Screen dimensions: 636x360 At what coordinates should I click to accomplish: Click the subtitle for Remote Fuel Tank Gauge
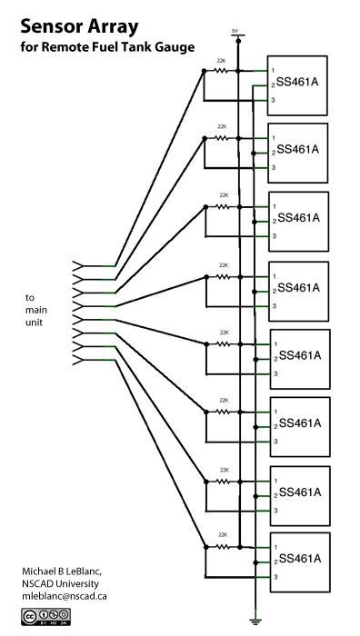[107, 47]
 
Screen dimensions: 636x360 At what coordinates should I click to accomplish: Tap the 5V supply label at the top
[235, 31]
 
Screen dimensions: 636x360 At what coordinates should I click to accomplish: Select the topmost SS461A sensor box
[296, 85]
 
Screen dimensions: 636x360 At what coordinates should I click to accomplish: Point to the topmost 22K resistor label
[222, 60]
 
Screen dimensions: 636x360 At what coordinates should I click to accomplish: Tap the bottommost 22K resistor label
[222, 536]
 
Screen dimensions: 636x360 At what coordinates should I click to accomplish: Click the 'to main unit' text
[37, 310]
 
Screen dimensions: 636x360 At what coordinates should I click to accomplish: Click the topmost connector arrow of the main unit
[79, 264]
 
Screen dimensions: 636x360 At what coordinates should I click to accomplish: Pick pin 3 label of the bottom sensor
[273, 577]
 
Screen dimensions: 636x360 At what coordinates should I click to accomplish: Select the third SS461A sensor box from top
[296, 220]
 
